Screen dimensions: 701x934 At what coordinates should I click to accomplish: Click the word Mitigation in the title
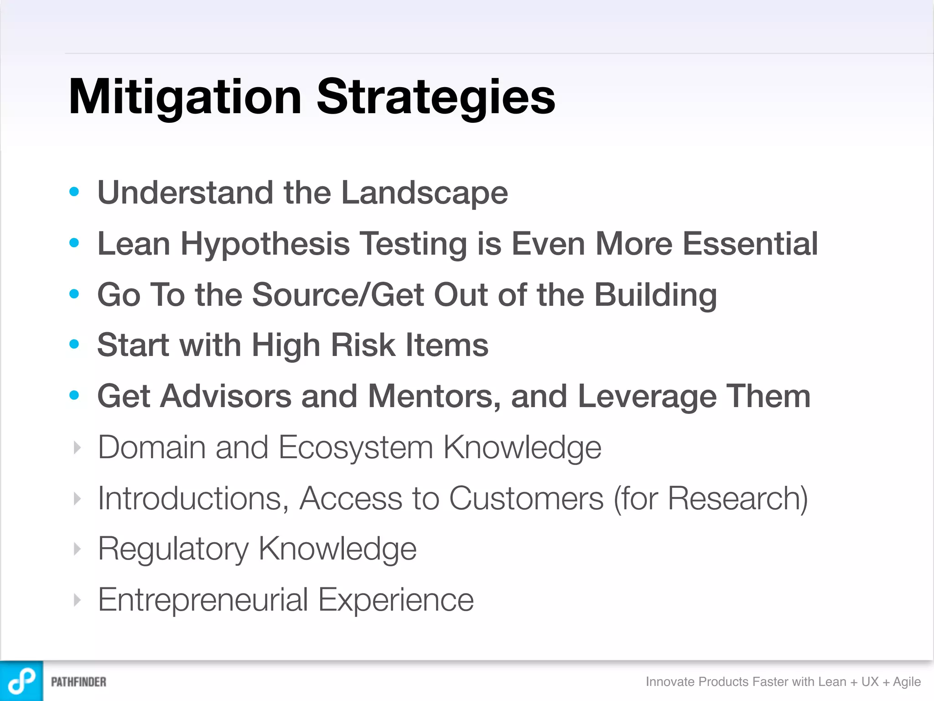coord(185,97)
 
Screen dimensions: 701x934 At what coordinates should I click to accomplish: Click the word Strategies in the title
coord(436,97)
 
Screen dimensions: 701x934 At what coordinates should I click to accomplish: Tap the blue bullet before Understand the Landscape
coord(74,192)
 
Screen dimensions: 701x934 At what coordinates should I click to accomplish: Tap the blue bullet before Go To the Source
coord(74,294)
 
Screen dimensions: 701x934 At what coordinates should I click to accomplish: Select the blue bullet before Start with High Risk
coord(74,344)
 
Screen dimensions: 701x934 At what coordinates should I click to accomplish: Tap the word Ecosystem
coord(355,447)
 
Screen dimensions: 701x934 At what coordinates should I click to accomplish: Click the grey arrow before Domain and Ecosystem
coord(77,448)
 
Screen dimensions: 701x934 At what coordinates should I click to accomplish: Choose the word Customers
coord(526,498)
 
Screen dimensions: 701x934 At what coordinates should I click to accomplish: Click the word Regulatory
coord(173,549)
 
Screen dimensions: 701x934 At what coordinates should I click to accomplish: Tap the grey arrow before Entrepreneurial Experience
coord(77,600)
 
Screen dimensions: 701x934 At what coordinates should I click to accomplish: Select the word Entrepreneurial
coord(203,600)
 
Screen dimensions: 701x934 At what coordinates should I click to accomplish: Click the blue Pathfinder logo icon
coord(21,681)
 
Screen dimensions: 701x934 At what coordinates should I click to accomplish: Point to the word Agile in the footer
coord(907,682)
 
